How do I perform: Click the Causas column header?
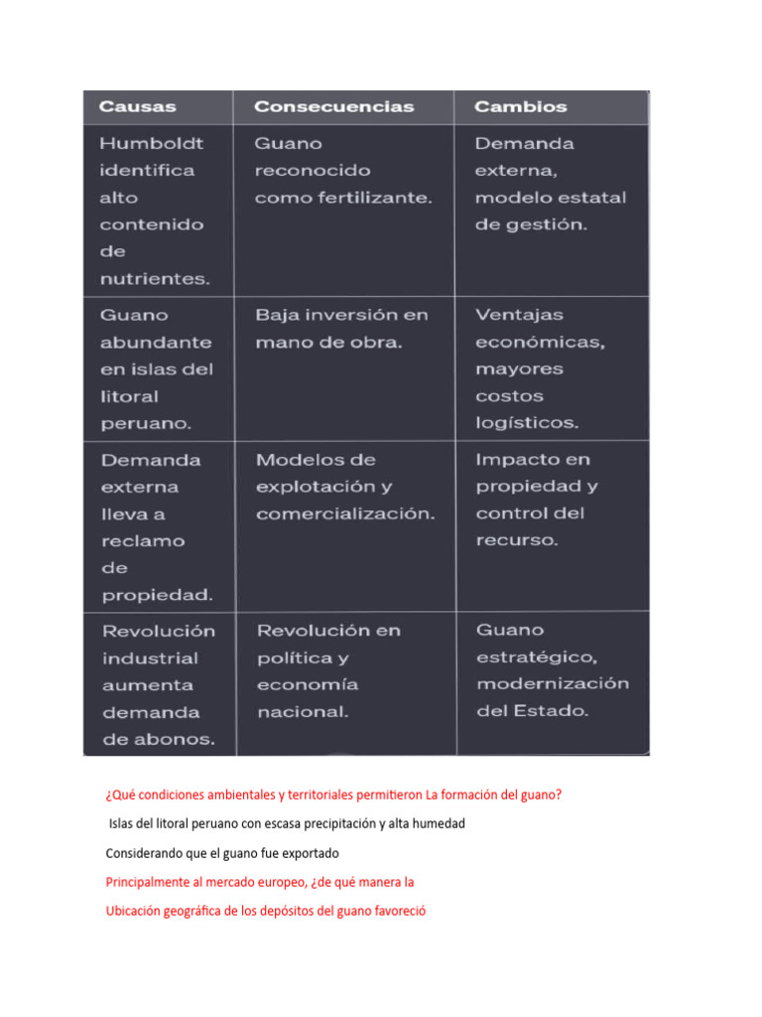tap(137, 106)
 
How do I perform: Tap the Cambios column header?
tap(520, 106)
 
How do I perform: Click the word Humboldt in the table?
tap(151, 143)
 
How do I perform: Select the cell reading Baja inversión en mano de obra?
tap(341, 329)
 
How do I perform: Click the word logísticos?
tap(527, 423)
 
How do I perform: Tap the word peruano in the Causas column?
tap(146, 423)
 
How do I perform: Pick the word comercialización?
tap(345, 514)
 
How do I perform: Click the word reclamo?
tap(143, 541)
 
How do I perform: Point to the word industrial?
tap(149, 657)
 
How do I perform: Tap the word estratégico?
tap(536, 657)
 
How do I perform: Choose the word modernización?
tap(552, 684)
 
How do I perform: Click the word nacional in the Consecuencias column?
tap(303, 712)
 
